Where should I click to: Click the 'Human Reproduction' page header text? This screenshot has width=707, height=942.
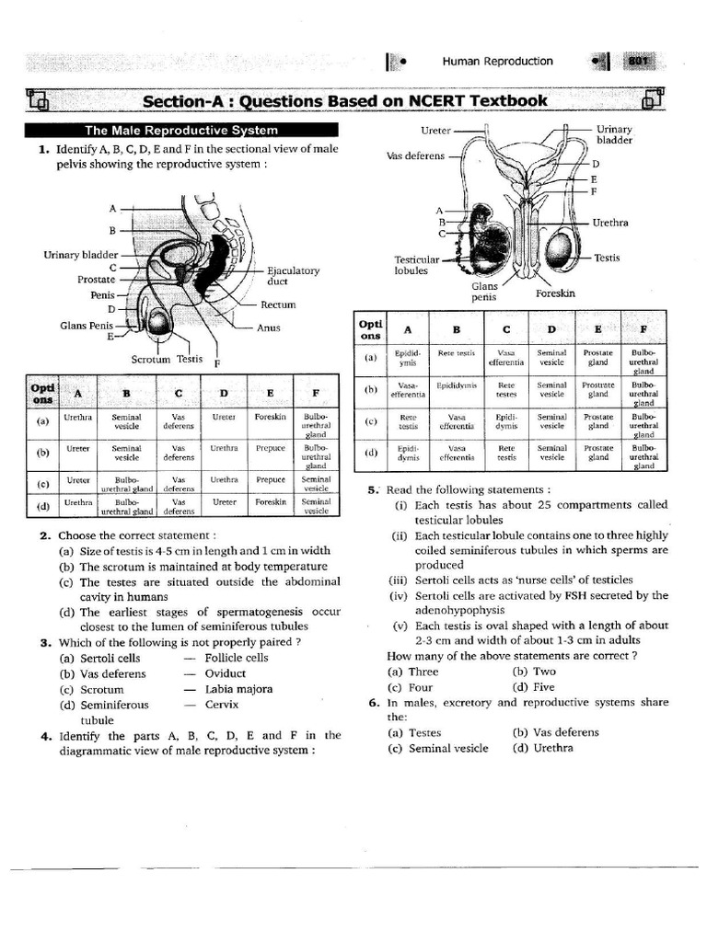(x=497, y=62)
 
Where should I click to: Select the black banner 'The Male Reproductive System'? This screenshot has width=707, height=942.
(x=181, y=131)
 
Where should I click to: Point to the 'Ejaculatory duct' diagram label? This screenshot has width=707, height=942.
(x=293, y=276)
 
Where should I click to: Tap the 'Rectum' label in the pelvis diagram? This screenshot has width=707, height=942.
(x=278, y=304)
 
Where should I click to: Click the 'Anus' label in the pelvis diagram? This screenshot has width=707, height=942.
(x=269, y=327)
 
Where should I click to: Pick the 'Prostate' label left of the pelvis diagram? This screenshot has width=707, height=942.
(x=97, y=279)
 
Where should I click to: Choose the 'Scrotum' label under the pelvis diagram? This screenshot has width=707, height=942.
(x=152, y=360)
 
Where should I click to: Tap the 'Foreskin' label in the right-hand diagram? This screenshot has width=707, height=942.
(x=555, y=293)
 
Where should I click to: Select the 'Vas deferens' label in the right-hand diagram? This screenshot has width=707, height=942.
(x=416, y=155)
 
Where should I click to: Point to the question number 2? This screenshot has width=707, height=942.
(x=44, y=535)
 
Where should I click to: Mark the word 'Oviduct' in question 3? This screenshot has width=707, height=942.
(x=226, y=673)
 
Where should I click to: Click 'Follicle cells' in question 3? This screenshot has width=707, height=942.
(x=237, y=658)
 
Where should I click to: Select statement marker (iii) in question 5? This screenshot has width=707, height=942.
(x=400, y=580)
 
